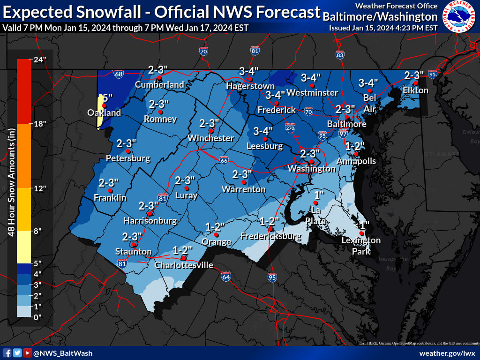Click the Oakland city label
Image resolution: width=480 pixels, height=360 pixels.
click(104, 112)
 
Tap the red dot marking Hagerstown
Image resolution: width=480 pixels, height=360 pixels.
click(250, 79)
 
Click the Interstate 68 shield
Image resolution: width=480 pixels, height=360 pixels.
click(119, 74)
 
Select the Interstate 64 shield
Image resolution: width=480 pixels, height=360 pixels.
click(226, 277)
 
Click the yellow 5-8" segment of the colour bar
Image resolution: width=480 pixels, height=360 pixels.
click(23, 247)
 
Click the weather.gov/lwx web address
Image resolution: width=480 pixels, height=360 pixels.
click(447, 353)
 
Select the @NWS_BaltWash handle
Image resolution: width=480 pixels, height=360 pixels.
click(62, 353)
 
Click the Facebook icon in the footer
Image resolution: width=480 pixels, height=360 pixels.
click(7, 353)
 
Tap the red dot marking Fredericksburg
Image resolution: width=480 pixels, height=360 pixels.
click(270, 228)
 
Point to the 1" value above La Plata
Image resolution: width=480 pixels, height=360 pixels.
click(319, 195)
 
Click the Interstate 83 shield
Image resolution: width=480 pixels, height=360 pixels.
click(340, 55)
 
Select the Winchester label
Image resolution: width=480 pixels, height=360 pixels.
click(210, 138)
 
